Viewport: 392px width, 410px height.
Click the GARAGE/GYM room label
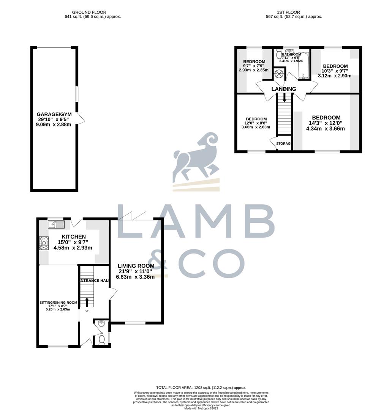[x=54, y=114]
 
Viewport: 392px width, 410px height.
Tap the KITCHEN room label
[x=66, y=237]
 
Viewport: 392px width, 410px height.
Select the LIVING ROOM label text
[x=136, y=266]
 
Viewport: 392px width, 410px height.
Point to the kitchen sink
[x=56, y=224]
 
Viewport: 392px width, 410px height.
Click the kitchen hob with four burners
[x=44, y=243]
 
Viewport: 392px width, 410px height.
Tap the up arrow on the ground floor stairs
[x=87, y=302]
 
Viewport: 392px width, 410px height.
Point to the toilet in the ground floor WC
[x=101, y=339]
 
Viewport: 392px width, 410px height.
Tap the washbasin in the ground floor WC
[x=101, y=324]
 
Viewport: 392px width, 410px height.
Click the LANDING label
[x=283, y=89]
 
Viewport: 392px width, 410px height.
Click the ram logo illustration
[x=196, y=158]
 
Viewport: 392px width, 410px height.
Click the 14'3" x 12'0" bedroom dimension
[x=326, y=123]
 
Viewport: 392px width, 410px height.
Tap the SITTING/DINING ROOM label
[x=59, y=303]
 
